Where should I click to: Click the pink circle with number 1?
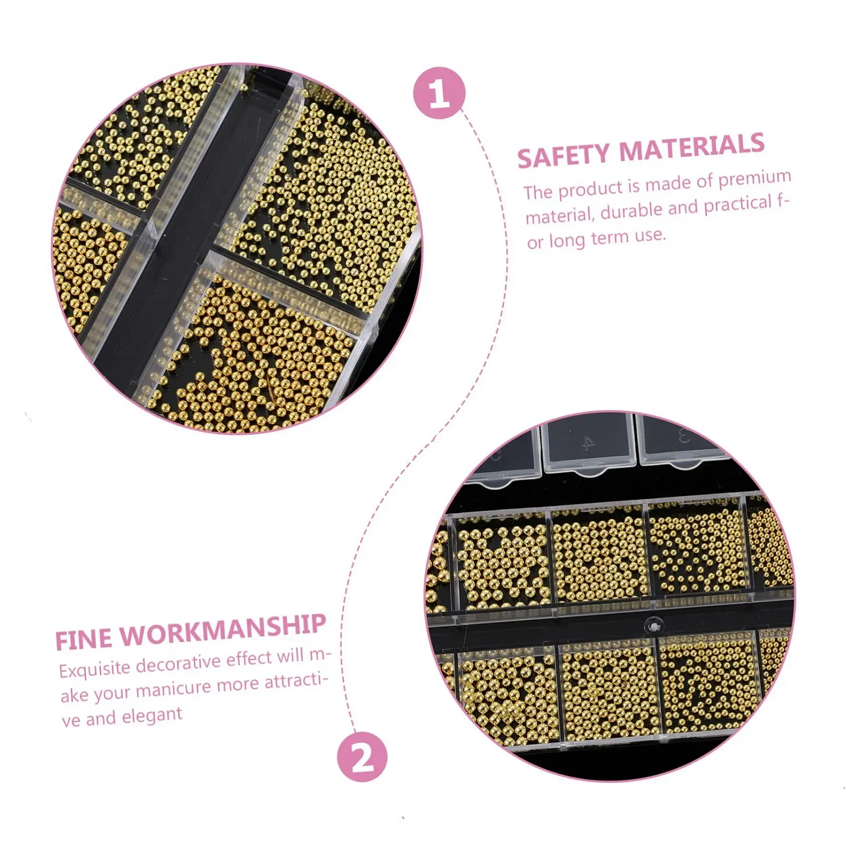click(x=439, y=93)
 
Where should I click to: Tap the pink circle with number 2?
click(x=362, y=757)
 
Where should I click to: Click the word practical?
click(x=738, y=204)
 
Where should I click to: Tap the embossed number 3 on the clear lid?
click(x=685, y=436)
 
